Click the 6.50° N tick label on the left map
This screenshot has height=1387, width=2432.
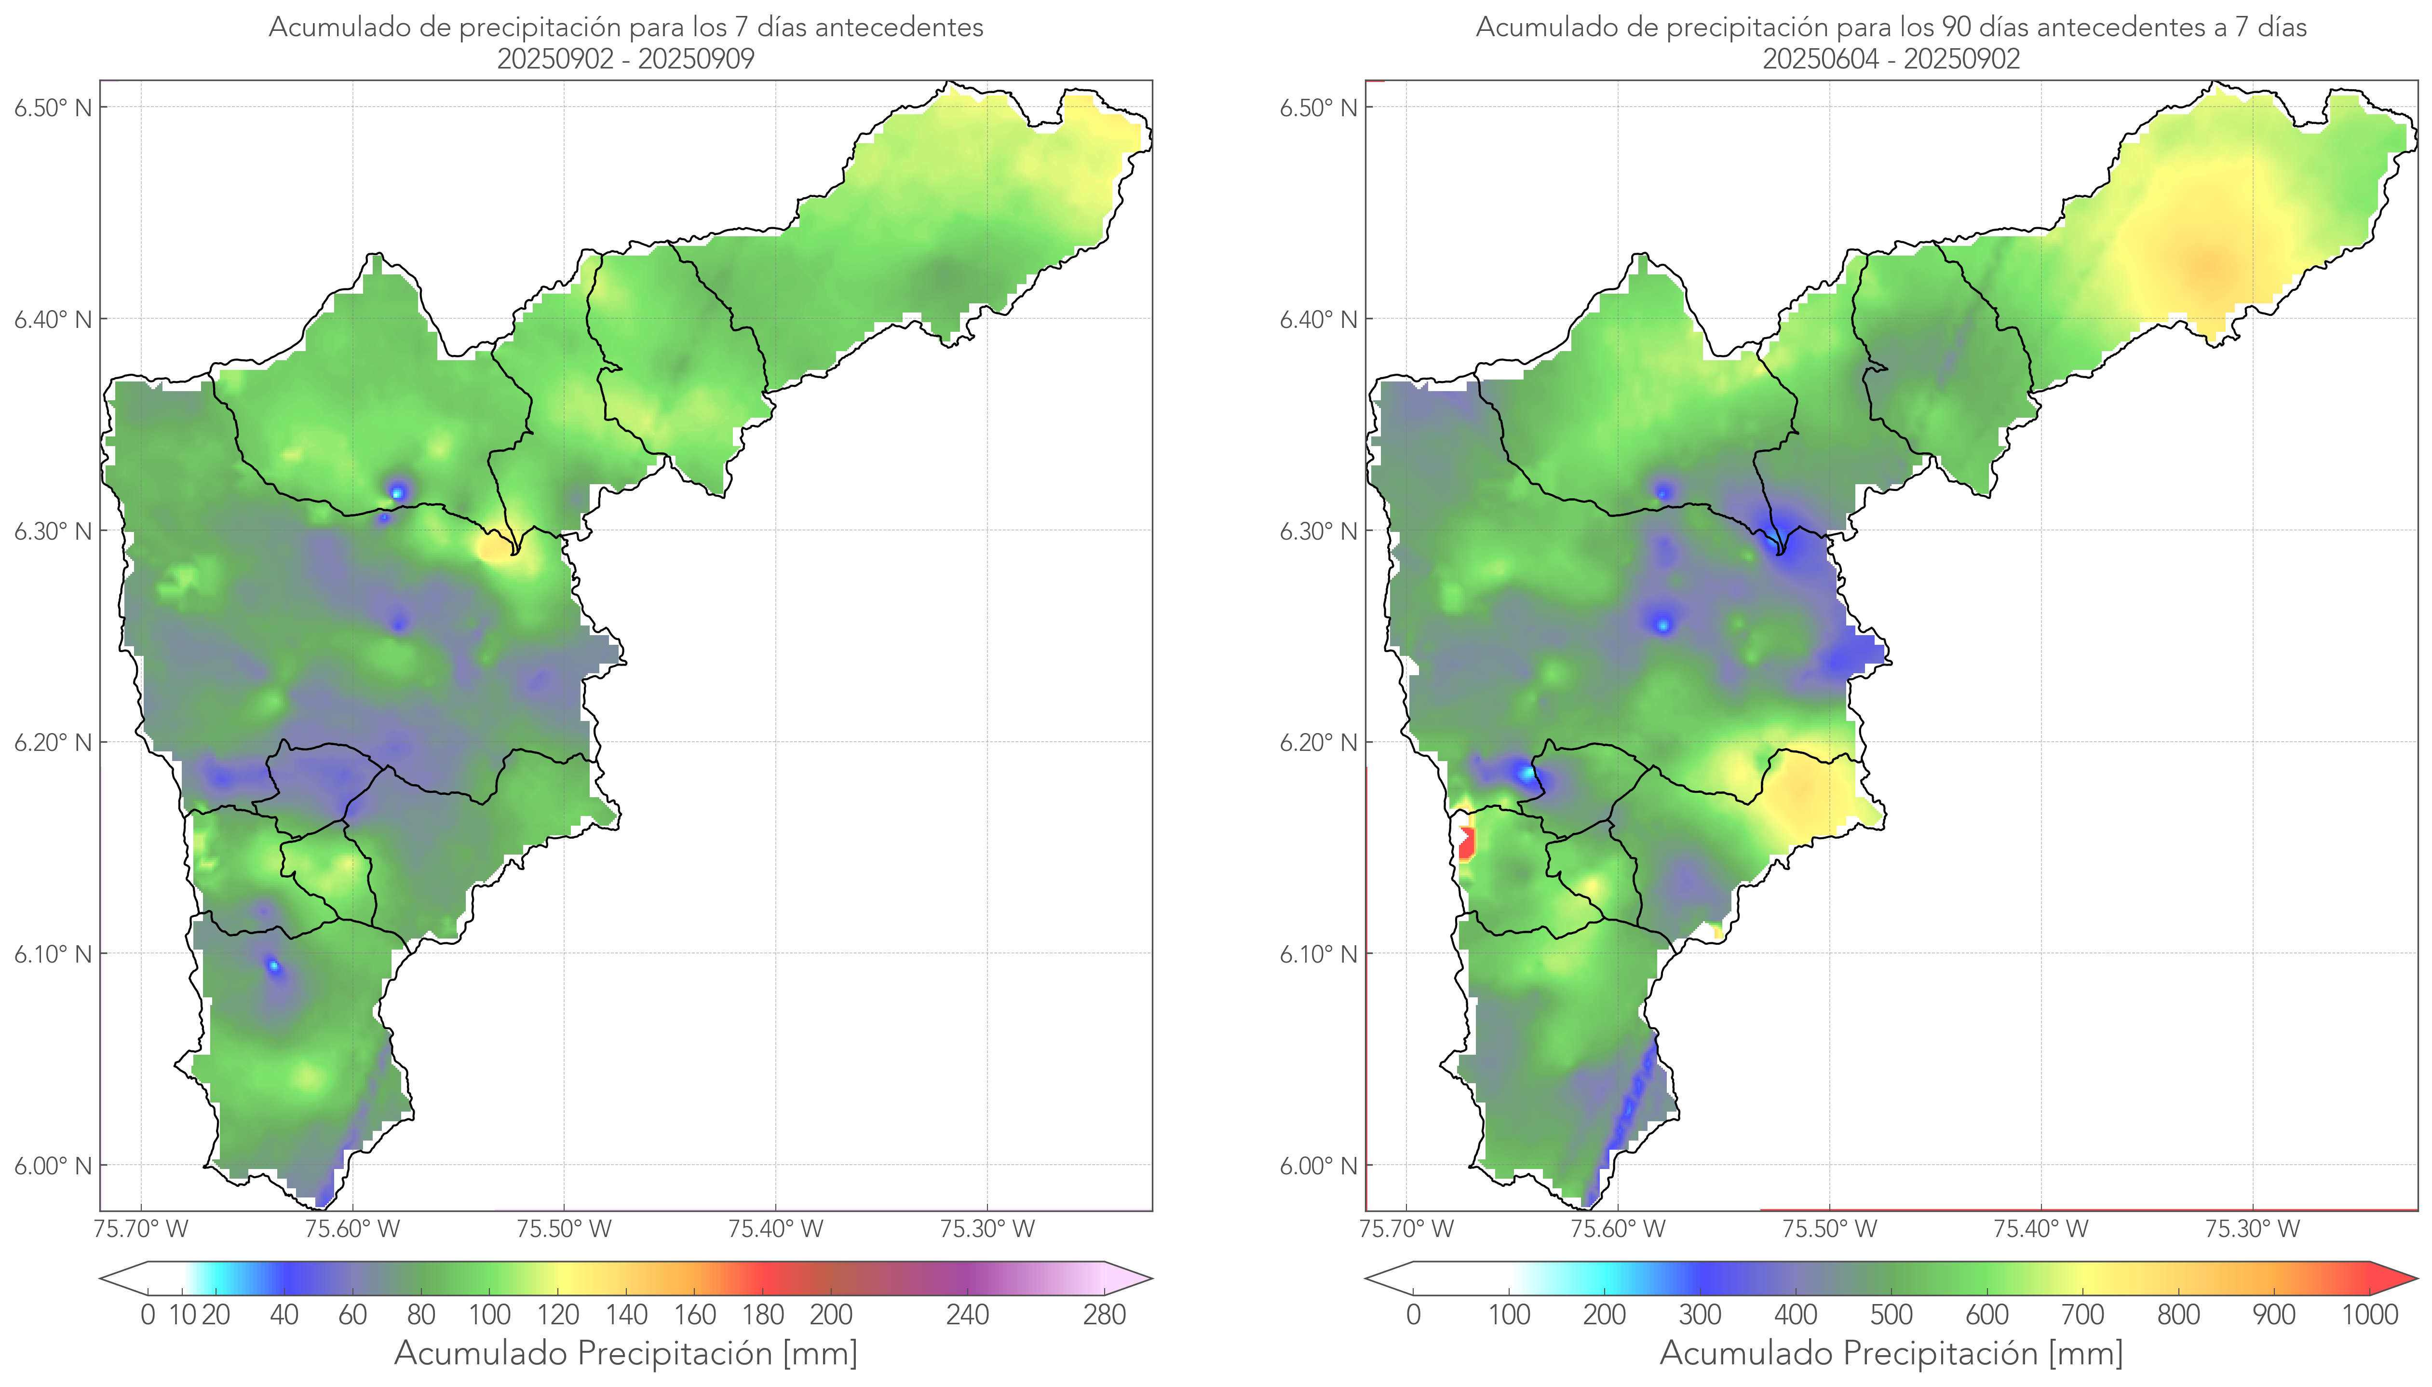(x=53, y=108)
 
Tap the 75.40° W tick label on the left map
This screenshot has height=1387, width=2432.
(x=775, y=1229)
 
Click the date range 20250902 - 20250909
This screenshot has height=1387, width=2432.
(x=626, y=59)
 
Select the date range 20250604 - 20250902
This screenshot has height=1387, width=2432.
(x=1891, y=59)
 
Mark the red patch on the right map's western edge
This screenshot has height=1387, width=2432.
(x=1466, y=843)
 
